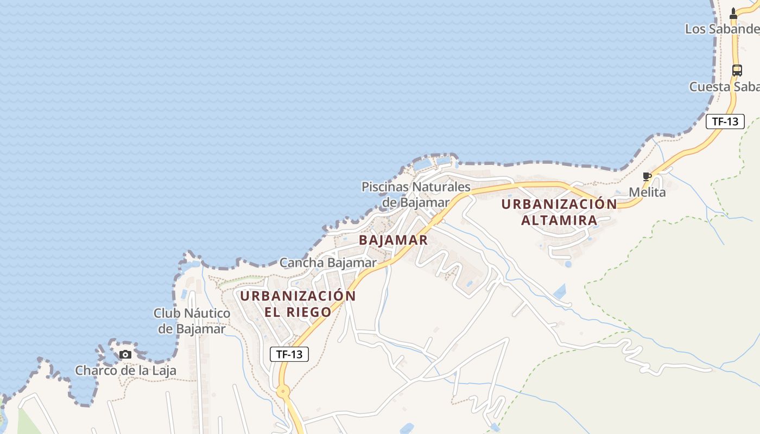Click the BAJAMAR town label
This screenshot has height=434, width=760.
click(x=393, y=239)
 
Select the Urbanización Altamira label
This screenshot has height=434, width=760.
click(x=559, y=212)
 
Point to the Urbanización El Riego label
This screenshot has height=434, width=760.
click(x=297, y=304)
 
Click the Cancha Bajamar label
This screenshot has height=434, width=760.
click(x=328, y=263)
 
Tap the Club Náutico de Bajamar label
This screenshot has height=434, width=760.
click(x=192, y=321)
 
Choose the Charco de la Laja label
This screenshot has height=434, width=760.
click(x=125, y=371)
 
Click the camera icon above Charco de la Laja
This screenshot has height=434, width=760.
click(x=125, y=355)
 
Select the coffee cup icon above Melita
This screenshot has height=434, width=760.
click(x=647, y=176)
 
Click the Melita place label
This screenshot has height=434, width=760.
click(x=647, y=192)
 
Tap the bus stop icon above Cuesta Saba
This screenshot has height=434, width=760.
click(x=737, y=70)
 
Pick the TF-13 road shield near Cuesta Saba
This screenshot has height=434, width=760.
click(x=725, y=122)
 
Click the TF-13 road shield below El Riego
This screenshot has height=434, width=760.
click(x=289, y=354)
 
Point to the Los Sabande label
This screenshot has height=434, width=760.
click(x=721, y=29)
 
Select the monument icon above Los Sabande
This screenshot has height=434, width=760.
click(x=733, y=14)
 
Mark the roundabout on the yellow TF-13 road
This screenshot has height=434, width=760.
click(x=283, y=391)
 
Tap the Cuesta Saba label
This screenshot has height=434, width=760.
click(x=724, y=87)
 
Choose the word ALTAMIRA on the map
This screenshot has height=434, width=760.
click(x=559, y=220)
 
